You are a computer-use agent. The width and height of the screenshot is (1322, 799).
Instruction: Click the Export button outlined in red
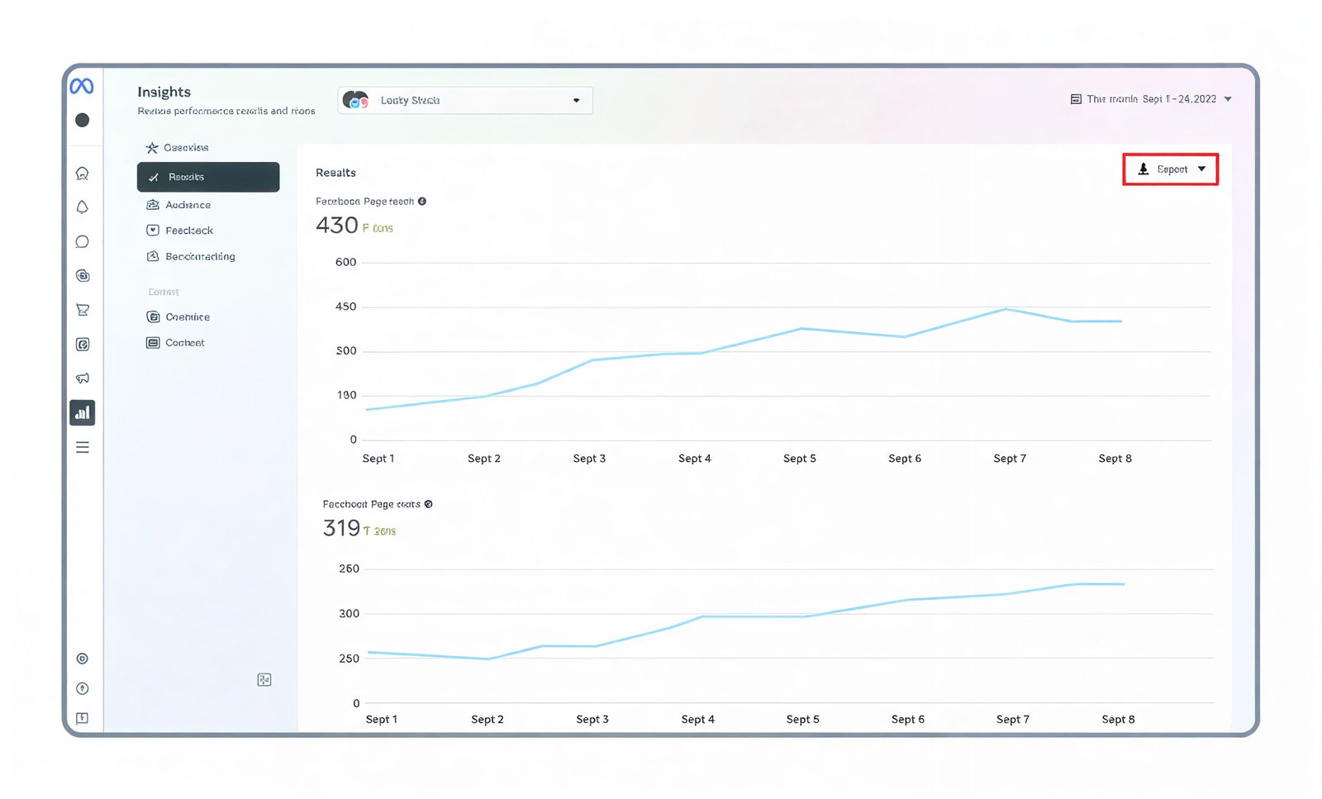[x=1170, y=169]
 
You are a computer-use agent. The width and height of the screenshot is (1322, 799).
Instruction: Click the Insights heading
[x=164, y=92]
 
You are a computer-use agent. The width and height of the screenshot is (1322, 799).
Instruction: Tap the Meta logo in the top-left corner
[x=82, y=86]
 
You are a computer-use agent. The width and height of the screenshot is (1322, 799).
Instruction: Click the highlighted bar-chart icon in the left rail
[x=83, y=412]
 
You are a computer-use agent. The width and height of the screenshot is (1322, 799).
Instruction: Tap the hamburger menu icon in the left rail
[x=83, y=447]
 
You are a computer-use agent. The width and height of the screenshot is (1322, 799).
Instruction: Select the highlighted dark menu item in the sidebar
[x=208, y=177]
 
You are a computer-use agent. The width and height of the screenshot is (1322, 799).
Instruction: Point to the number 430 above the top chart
[x=337, y=226]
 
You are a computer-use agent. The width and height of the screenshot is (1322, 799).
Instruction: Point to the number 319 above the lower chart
[x=341, y=528]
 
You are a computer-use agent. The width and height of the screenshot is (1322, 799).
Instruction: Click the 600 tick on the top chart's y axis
[x=345, y=262]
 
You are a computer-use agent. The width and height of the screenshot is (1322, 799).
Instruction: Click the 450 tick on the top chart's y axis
[x=345, y=307]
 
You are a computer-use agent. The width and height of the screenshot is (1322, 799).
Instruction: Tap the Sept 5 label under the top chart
[x=800, y=459]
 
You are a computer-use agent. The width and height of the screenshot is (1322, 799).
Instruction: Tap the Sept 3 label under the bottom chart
[x=592, y=720]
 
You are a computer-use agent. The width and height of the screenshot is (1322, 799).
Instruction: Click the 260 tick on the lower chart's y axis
[x=349, y=568]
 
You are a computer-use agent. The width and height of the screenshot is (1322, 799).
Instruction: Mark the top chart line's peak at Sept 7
[x=1006, y=309]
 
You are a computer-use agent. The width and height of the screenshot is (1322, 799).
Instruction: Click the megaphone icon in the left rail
[x=83, y=378]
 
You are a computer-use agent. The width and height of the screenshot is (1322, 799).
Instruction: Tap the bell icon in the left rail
[x=83, y=207]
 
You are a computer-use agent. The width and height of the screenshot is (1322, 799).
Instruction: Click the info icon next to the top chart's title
[x=422, y=202]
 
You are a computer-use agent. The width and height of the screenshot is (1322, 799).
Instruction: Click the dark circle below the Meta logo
[x=83, y=120]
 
